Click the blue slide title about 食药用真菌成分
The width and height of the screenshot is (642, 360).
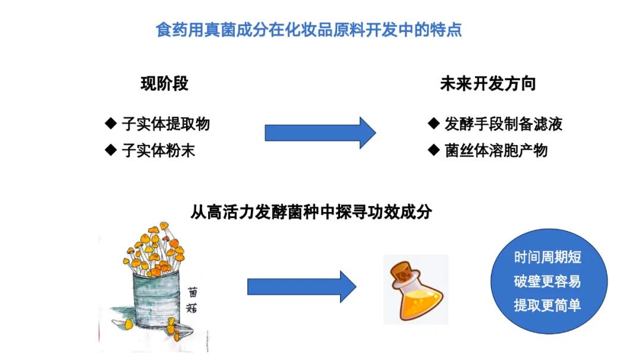click(309, 30)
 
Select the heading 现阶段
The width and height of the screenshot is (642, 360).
click(165, 84)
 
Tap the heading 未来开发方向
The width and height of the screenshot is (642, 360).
click(488, 84)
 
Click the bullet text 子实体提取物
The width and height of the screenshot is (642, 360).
click(166, 124)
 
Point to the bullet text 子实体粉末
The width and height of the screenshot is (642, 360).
click(159, 150)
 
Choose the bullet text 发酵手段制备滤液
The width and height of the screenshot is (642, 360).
click(503, 124)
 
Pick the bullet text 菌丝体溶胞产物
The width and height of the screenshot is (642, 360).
click(496, 150)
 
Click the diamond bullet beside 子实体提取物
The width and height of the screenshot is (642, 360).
click(111, 123)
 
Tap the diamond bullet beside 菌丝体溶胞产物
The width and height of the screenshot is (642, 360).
click(433, 150)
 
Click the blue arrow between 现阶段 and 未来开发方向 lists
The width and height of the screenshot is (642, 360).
click(320, 133)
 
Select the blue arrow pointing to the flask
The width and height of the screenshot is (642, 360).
click(302, 287)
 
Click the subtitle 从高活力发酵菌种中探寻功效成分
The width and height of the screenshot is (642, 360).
click(311, 212)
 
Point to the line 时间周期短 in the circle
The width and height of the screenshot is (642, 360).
click(548, 257)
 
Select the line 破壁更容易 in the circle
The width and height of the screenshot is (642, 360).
click(548, 282)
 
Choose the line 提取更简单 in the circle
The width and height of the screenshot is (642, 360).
click(548, 305)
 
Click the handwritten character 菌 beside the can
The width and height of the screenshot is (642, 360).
click(193, 292)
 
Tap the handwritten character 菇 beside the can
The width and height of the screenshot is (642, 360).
click(191, 308)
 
